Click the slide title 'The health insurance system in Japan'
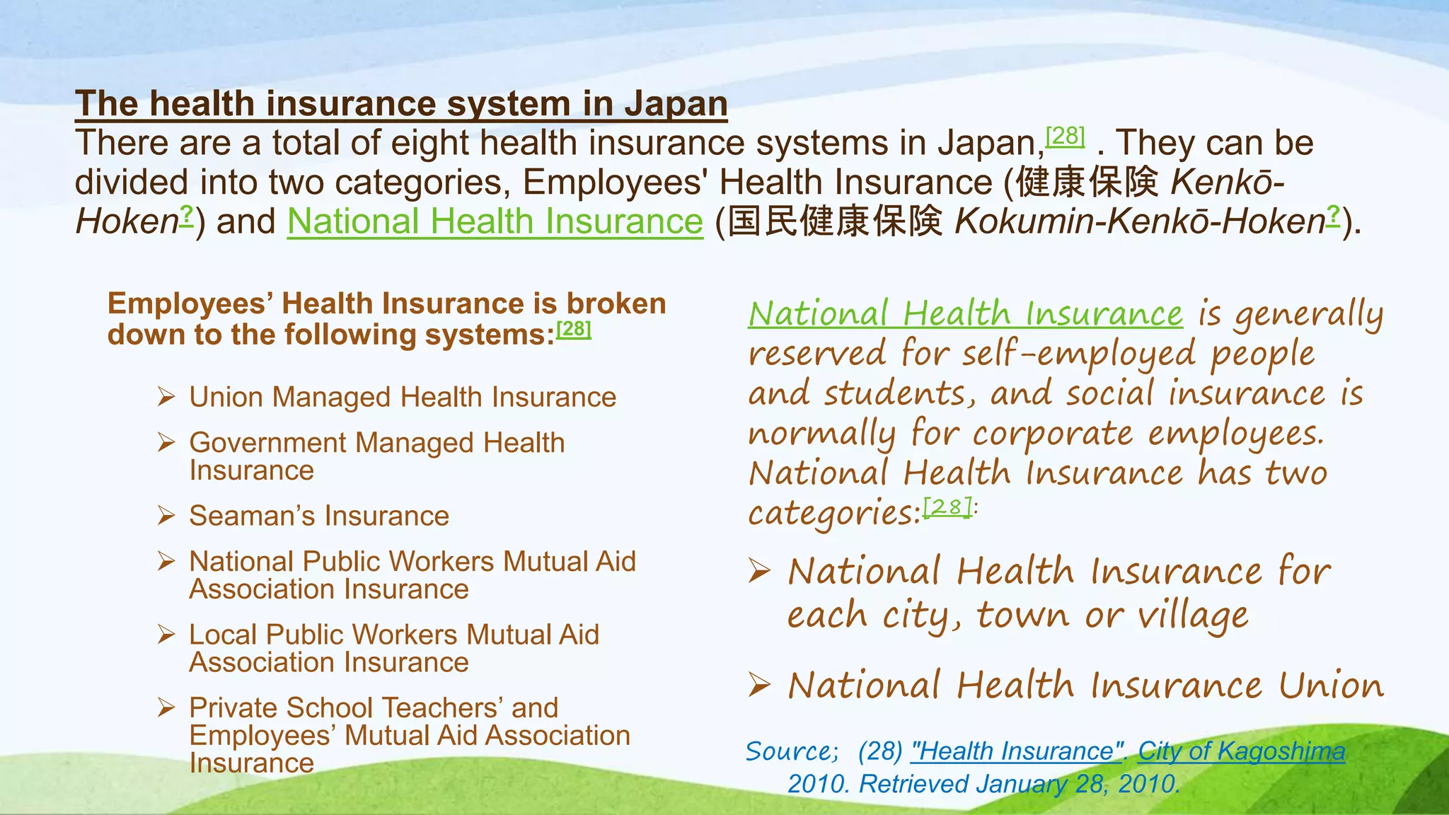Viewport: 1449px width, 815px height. (401, 104)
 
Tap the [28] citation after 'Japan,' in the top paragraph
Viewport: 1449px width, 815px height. (1065, 135)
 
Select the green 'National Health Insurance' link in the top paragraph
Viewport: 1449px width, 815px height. (495, 221)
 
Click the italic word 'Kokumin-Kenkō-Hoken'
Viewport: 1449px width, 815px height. (1139, 221)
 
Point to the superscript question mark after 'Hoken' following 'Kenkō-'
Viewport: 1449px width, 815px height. (186, 213)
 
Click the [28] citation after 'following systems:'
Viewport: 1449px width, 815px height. (573, 329)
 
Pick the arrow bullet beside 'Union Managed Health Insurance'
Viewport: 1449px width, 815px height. (166, 397)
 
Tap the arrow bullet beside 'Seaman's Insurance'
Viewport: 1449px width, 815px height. (166, 516)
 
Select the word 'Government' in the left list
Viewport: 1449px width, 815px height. (267, 443)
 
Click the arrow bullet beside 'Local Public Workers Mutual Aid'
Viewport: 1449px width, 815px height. (166, 635)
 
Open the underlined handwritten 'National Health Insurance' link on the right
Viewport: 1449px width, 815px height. (965, 313)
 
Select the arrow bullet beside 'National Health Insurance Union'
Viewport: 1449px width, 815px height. (759, 685)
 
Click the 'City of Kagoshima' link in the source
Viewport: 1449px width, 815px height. (1241, 751)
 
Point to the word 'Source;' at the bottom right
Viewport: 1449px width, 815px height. (792, 751)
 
